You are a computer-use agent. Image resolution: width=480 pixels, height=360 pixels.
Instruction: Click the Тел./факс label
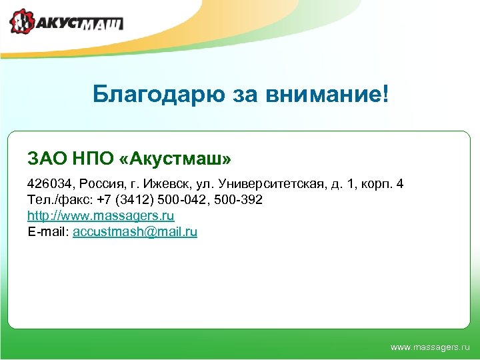(x=55, y=200)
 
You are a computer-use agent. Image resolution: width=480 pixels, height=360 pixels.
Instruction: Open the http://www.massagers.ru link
(x=101, y=216)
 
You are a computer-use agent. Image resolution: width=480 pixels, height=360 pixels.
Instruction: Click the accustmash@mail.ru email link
(x=135, y=232)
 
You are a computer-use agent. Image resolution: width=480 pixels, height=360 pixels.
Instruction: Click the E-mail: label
(x=48, y=232)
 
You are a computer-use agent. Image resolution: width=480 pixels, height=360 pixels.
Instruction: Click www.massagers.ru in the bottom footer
(x=429, y=347)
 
